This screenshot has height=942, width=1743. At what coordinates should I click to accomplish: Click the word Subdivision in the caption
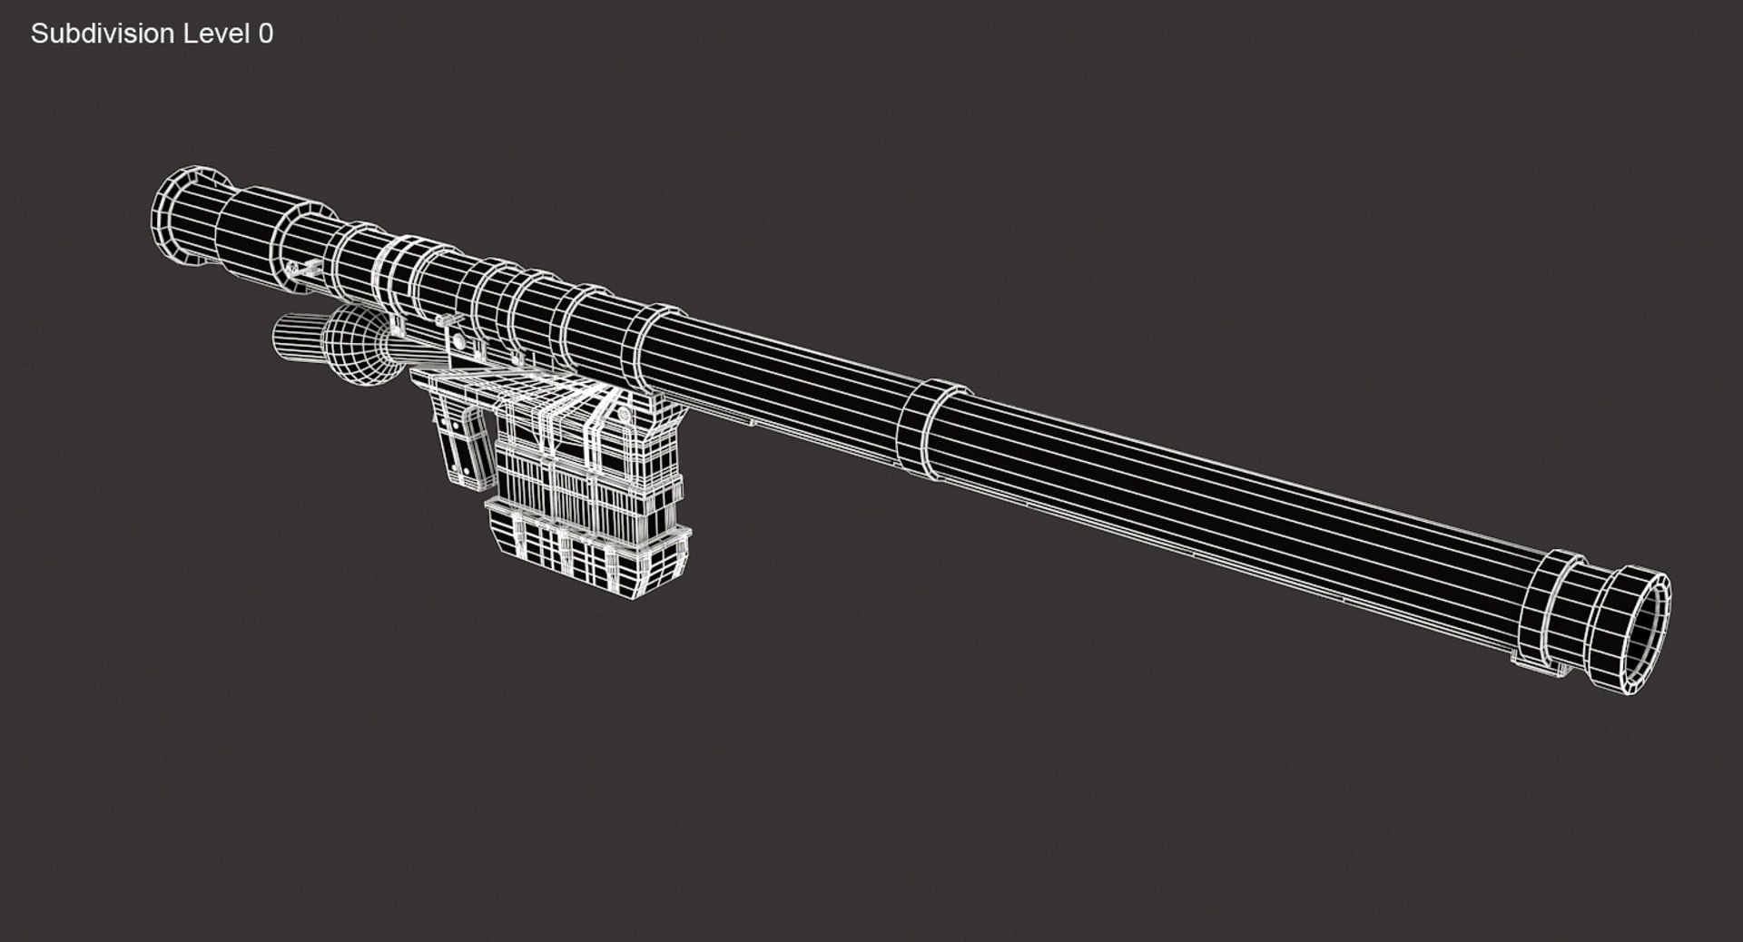click(x=102, y=34)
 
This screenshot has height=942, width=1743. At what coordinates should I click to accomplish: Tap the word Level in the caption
click(x=216, y=34)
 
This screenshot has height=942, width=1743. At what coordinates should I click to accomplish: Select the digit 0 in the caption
click(x=265, y=34)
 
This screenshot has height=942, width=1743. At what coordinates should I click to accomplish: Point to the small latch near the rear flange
click(x=305, y=269)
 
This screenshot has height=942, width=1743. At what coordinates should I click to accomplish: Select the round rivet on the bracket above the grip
click(x=458, y=342)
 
